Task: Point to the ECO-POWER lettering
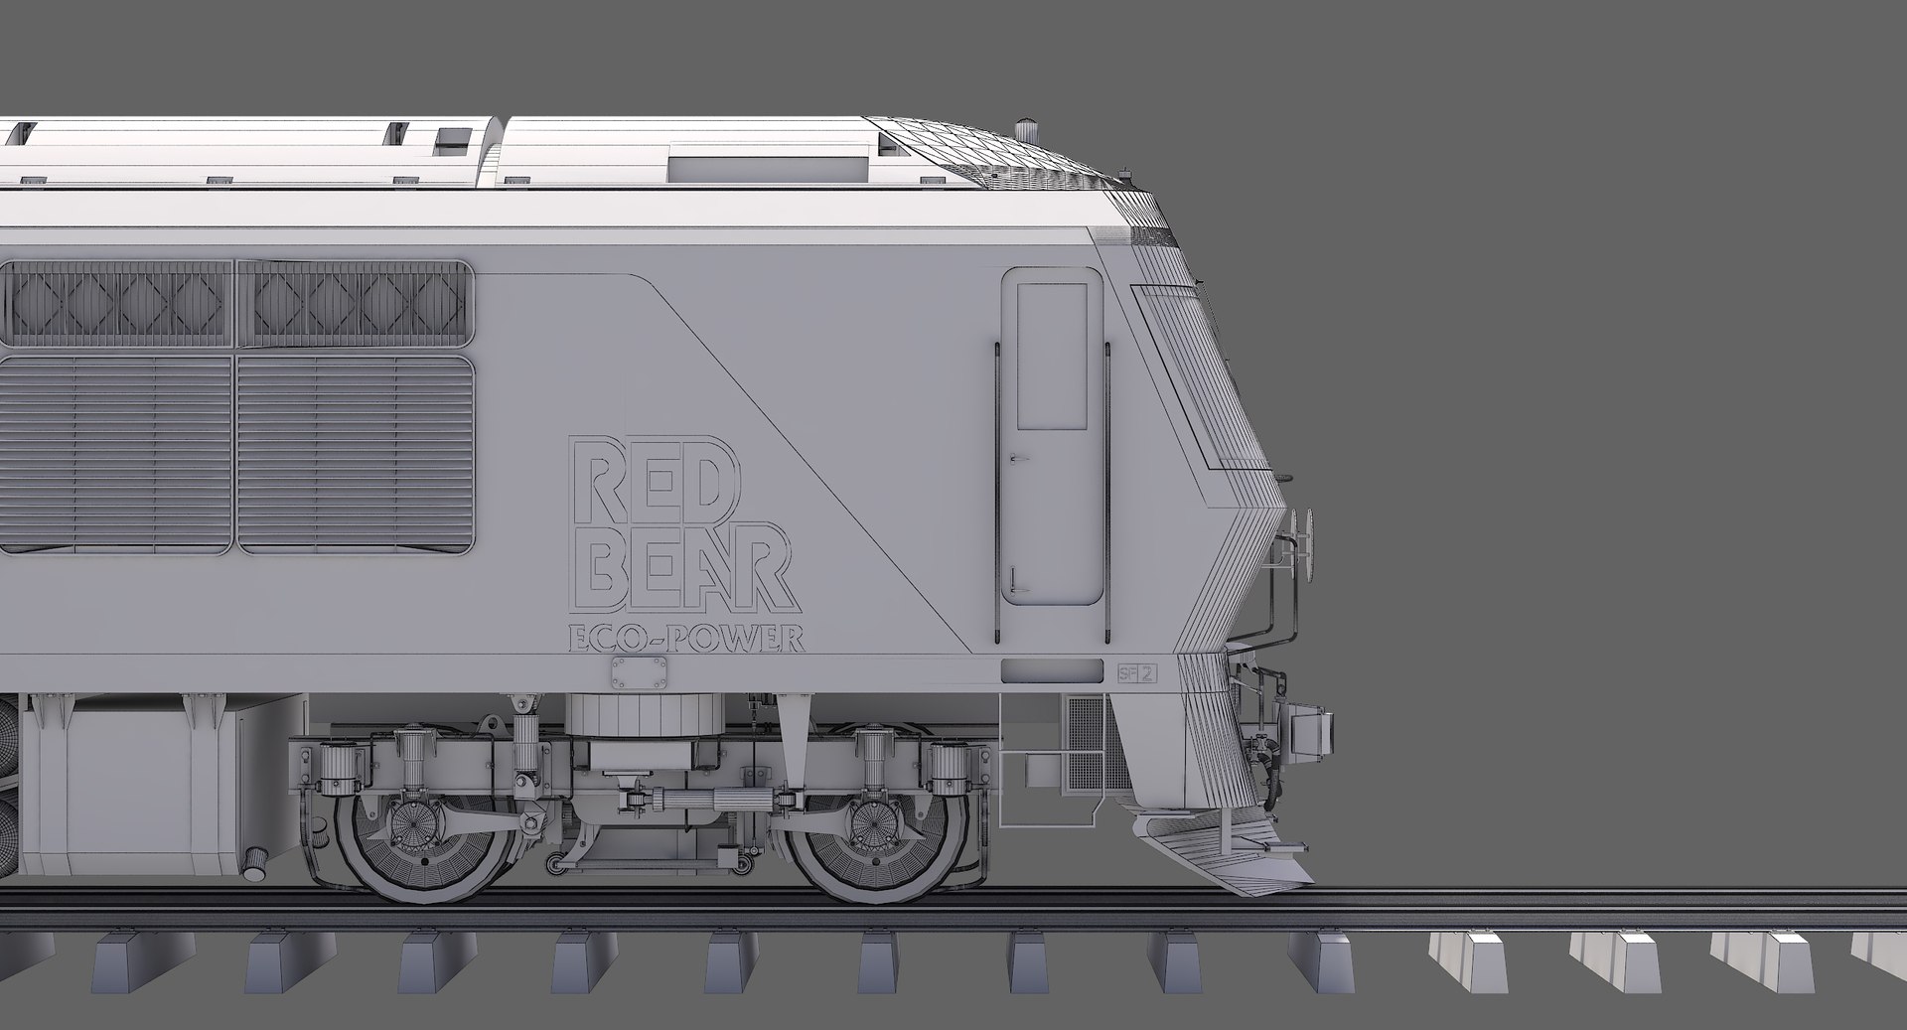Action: pyautogui.click(x=685, y=641)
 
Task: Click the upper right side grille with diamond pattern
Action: pyautogui.click(x=354, y=303)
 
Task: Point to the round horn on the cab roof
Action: pyautogui.click(x=1027, y=129)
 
